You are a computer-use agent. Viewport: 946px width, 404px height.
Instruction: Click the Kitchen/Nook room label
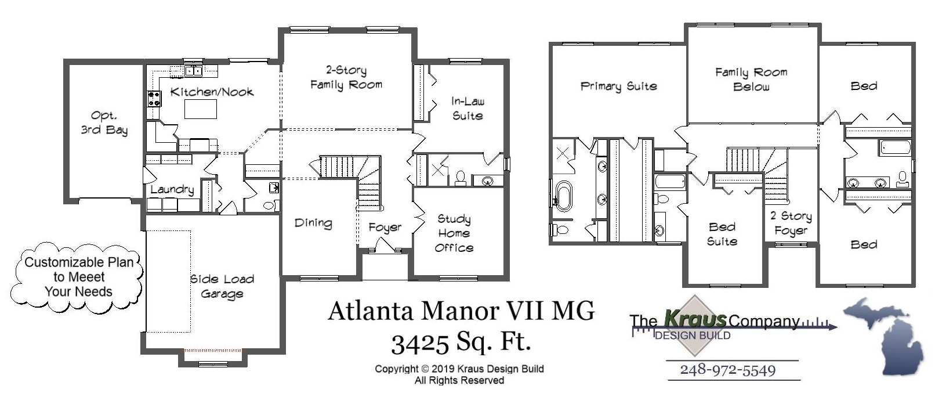point(212,92)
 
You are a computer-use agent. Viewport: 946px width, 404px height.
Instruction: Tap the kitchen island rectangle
point(201,109)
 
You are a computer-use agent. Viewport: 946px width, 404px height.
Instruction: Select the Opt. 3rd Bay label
point(104,122)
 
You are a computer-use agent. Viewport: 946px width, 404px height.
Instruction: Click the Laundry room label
point(172,189)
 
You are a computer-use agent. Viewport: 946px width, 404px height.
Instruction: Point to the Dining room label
point(313,223)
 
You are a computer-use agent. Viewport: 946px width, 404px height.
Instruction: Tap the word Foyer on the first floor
point(385,228)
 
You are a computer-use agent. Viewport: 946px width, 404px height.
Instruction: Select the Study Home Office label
point(454,233)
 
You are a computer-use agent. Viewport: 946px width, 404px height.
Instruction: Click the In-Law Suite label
point(467,109)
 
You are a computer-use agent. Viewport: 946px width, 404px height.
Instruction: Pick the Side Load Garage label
point(222,286)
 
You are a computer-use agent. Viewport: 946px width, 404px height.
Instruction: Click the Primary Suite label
point(618,86)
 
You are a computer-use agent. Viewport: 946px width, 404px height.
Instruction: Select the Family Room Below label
point(751,80)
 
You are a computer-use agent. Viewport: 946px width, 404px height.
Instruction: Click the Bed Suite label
point(722,234)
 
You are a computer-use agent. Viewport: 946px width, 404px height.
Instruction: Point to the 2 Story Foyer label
point(791,223)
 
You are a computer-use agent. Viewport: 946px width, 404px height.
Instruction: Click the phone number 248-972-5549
point(727,370)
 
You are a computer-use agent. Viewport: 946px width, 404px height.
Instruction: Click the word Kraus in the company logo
point(695,319)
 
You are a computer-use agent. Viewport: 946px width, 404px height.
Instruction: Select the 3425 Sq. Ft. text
point(461,342)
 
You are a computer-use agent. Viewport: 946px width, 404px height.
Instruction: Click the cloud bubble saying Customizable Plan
point(78,277)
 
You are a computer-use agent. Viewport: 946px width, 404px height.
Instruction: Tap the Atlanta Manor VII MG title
point(461,311)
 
